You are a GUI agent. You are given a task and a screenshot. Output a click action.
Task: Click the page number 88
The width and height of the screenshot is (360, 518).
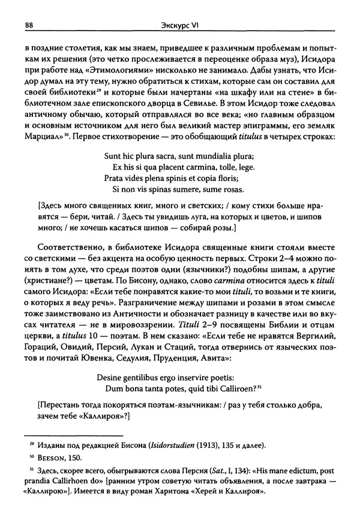[x=28, y=25]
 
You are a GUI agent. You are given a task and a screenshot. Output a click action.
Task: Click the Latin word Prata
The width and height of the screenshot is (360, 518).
[x=115, y=195]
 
